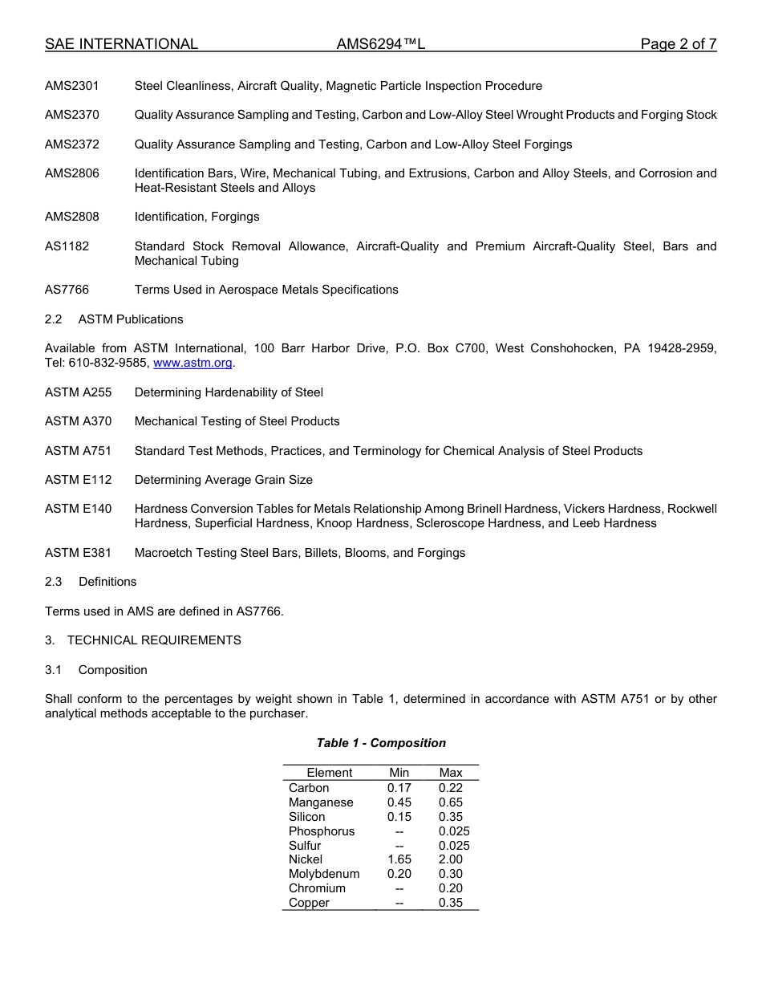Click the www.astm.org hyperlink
[x=193, y=363]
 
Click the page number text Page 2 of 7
[x=678, y=44]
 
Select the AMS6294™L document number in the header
[x=380, y=44]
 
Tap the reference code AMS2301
[x=72, y=86]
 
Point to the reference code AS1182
[x=67, y=246]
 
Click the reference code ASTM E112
[x=79, y=480]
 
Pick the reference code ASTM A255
[x=79, y=392]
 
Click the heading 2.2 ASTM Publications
[x=114, y=319]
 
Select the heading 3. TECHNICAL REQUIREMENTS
[x=143, y=640]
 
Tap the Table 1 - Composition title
[x=381, y=743]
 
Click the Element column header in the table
[x=329, y=773]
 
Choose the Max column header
[x=451, y=773]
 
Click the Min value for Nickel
[x=399, y=859]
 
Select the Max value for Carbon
[x=451, y=788]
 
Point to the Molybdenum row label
[x=324, y=874]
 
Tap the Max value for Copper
[x=451, y=903]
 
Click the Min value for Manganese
[x=399, y=802]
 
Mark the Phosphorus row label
[x=322, y=831]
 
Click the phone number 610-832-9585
[x=108, y=363]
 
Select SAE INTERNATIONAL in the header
[x=121, y=44]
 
